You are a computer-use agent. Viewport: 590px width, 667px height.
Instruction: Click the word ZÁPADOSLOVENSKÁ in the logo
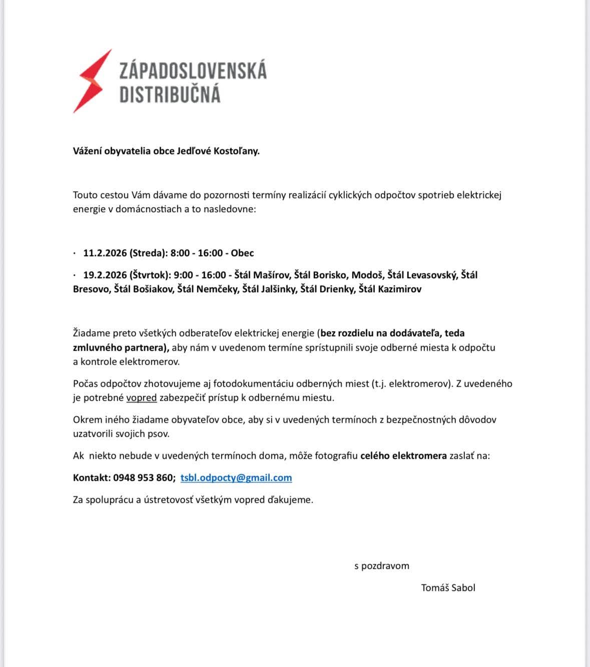tap(193, 71)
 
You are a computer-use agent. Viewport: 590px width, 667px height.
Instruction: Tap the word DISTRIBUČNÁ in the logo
tap(170, 94)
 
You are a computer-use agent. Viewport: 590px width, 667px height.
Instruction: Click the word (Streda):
tap(149, 253)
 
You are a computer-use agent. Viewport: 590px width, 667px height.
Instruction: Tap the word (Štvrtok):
tap(150, 275)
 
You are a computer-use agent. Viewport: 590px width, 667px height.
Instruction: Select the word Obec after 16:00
tap(243, 253)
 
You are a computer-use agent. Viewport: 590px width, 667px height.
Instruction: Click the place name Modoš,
tap(368, 275)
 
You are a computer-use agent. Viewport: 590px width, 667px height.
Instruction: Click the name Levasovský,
tap(432, 275)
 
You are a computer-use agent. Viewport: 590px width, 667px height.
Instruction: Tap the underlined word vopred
tap(142, 398)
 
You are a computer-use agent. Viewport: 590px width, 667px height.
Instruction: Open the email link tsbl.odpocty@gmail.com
tap(236, 478)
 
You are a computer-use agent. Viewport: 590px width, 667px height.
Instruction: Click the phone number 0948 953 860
tap(144, 478)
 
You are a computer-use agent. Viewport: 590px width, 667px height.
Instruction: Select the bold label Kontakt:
tap(92, 478)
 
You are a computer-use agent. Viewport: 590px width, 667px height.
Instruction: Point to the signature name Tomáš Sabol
tap(448, 588)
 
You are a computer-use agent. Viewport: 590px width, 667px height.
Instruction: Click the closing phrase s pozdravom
tap(382, 566)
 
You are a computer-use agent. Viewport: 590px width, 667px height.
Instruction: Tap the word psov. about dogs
tap(158, 434)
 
